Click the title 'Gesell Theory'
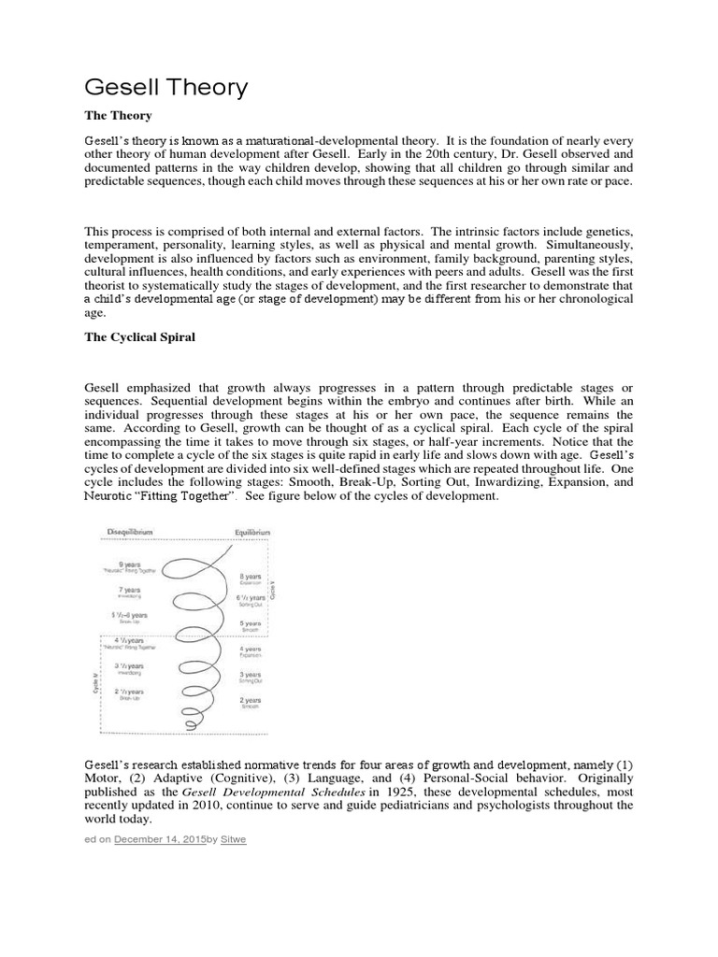point(166,88)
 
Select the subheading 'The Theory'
point(119,115)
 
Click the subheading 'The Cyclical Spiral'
point(139,337)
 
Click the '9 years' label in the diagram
point(130,563)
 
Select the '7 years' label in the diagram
point(130,590)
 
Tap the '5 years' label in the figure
point(248,622)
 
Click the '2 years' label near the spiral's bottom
point(249,700)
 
